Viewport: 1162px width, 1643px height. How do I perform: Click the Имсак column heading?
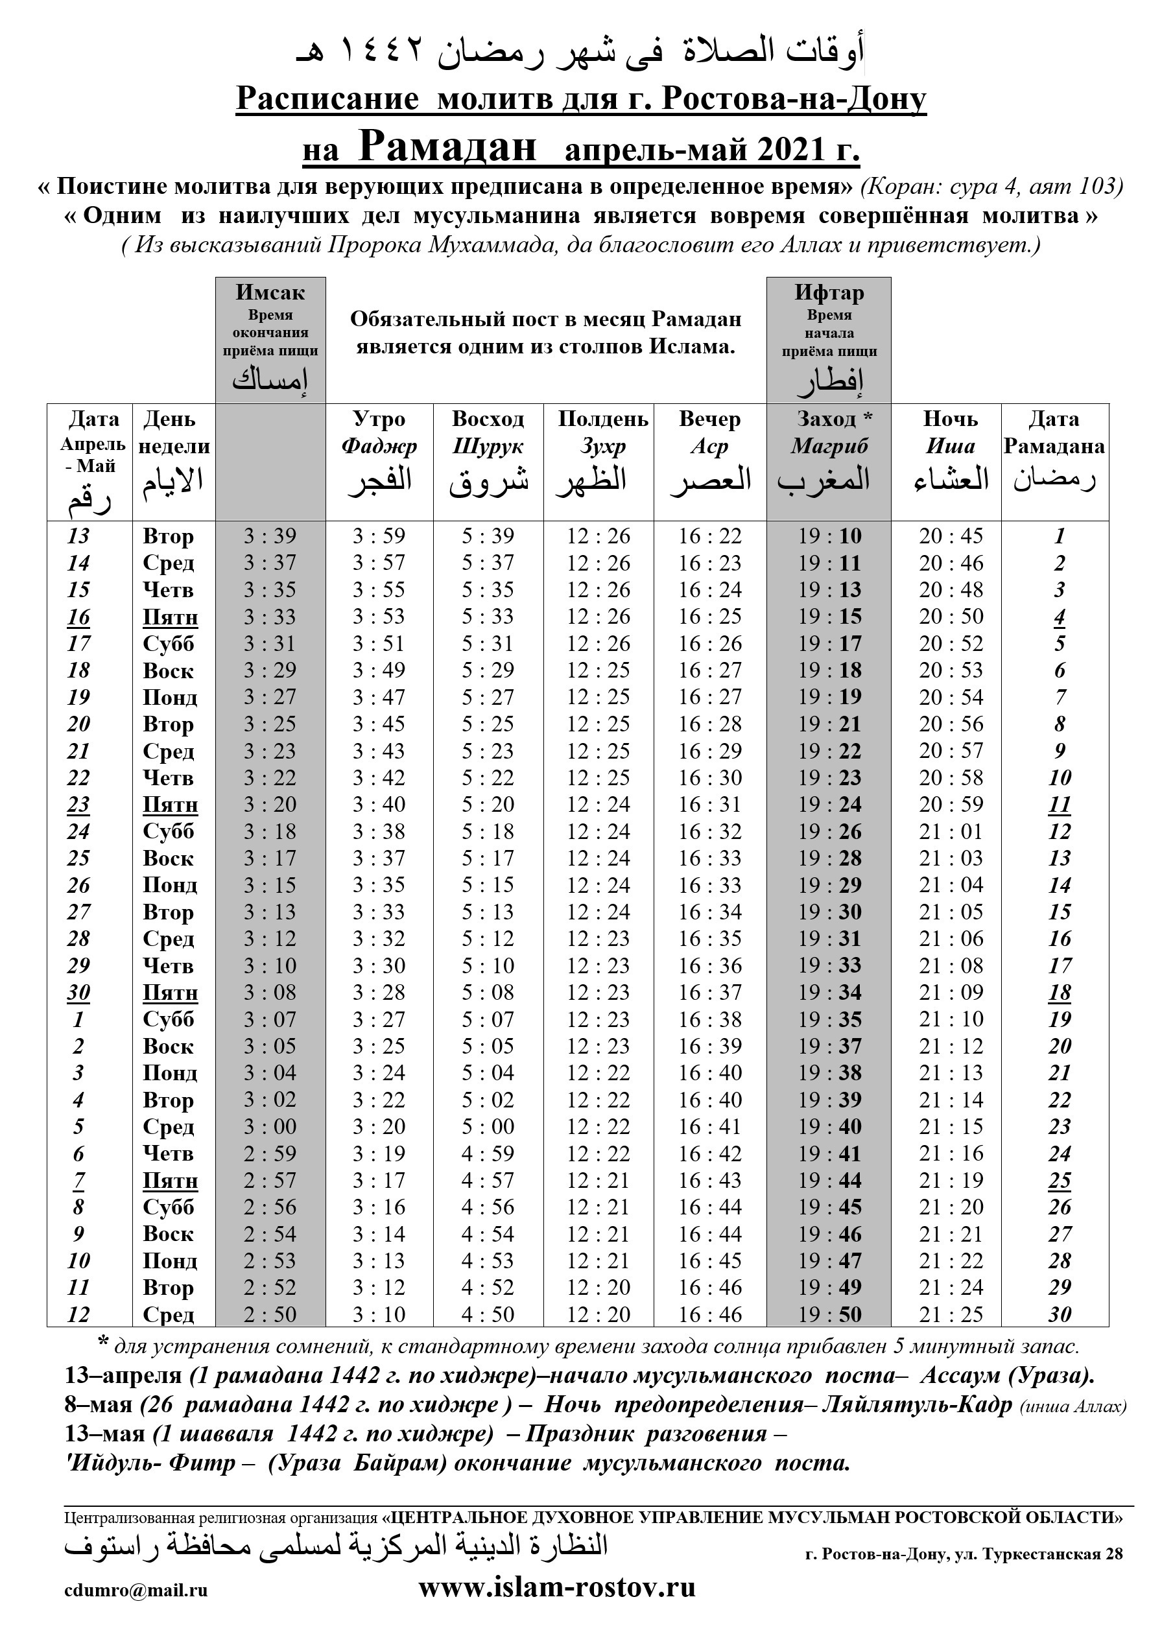click(x=270, y=292)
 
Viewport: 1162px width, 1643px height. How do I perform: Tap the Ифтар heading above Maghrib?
click(x=829, y=292)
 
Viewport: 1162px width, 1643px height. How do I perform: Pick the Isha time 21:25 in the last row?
click(x=951, y=1314)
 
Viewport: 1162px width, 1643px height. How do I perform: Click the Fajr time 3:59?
click(x=379, y=536)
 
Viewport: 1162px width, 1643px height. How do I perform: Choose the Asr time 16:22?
click(x=710, y=536)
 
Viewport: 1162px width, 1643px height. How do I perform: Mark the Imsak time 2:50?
click(x=270, y=1314)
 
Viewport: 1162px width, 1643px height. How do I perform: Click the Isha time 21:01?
click(x=951, y=831)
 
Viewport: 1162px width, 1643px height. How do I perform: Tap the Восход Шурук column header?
click(x=488, y=432)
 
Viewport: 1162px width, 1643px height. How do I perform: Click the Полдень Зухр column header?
click(x=602, y=432)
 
